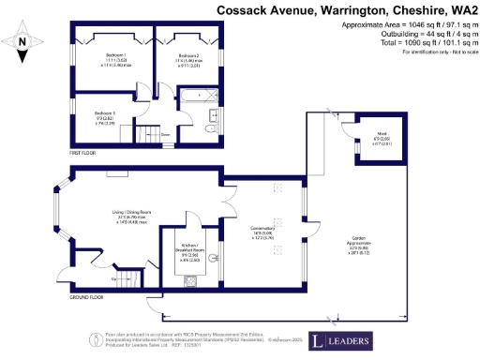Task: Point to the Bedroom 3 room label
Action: [106, 116]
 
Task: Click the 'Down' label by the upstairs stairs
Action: [165, 134]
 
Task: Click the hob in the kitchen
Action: [190, 281]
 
